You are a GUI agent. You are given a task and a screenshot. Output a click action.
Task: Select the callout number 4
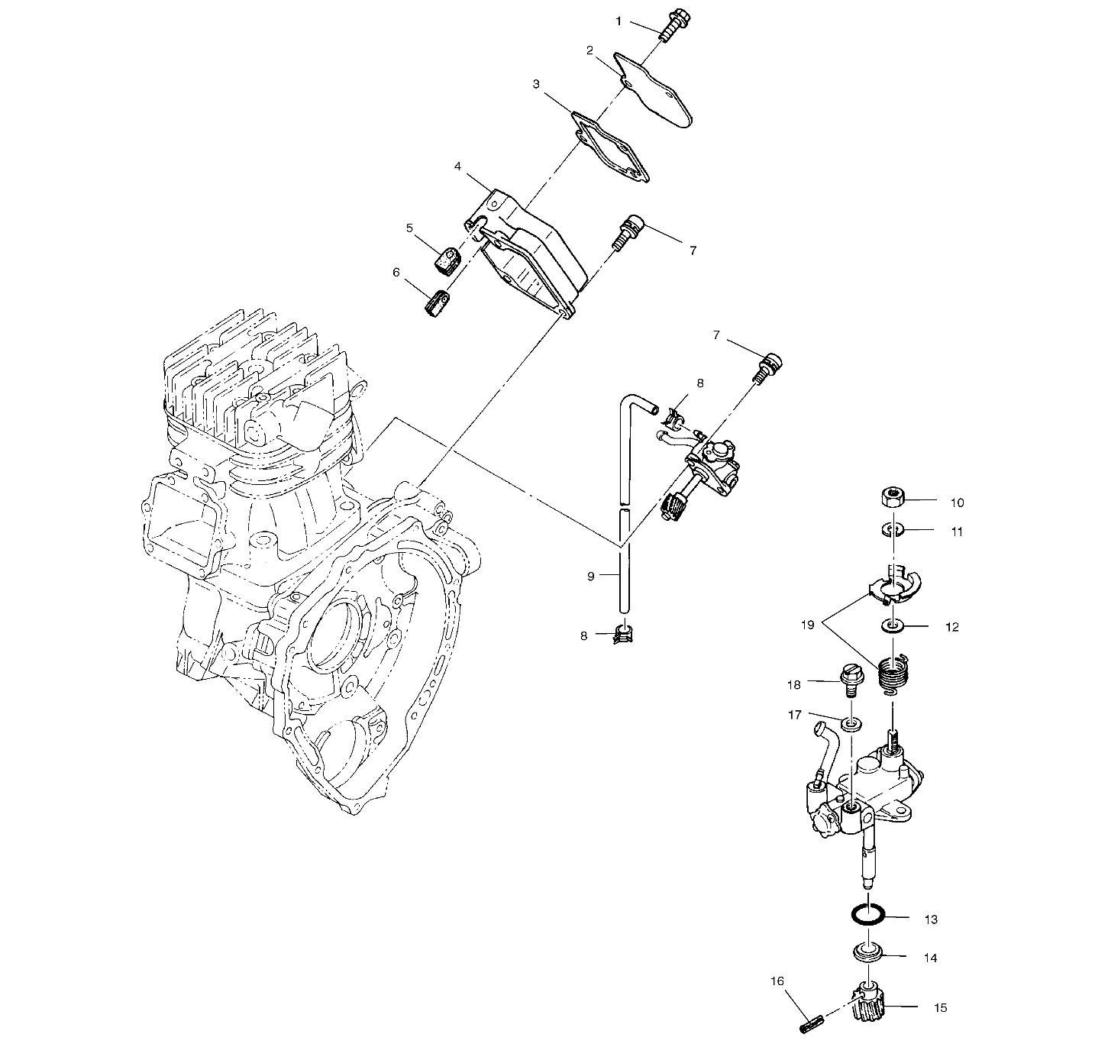pos(457,166)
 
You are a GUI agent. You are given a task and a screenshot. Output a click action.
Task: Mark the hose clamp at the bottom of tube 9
pos(622,633)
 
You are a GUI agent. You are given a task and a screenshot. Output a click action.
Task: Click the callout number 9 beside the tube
pos(590,576)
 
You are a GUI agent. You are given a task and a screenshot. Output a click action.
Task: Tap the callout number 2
pos(589,50)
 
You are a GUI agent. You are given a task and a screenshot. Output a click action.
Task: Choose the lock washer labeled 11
pos(891,529)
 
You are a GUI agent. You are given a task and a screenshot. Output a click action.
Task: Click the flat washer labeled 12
pos(891,626)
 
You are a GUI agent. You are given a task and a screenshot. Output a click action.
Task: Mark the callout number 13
pos(930,919)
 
